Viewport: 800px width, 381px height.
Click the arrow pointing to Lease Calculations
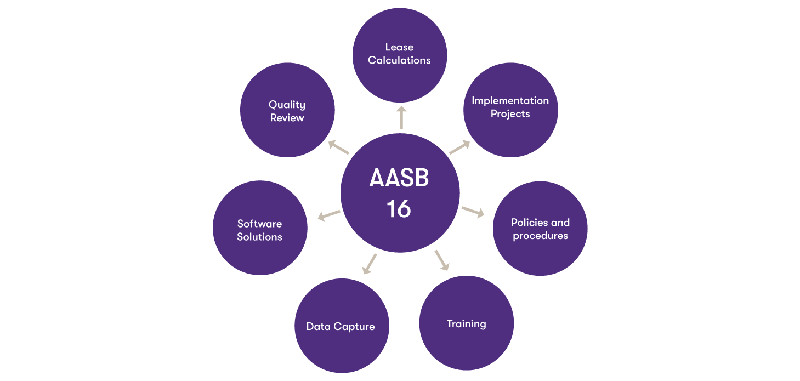[x=401, y=117]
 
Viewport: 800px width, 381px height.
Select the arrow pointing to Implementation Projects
[x=459, y=147]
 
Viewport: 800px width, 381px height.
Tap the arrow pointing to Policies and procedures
[x=473, y=212]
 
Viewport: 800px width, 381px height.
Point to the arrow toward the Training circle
[x=442, y=260]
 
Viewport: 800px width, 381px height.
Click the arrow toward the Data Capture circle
[x=369, y=264]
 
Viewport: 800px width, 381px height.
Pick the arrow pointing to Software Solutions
[x=329, y=215]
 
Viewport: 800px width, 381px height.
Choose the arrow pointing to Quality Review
[x=338, y=147]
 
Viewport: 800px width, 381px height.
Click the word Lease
[x=399, y=47]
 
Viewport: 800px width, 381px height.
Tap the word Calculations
[x=399, y=60]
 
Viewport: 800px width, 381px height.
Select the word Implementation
[x=510, y=101]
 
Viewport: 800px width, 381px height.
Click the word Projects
[x=510, y=114]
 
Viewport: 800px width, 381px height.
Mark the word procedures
[x=540, y=236]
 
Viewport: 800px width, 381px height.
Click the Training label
[x=467, y=324]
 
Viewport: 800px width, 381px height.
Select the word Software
[x=260, y=224]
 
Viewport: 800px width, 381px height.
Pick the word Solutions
[x=260, y=237]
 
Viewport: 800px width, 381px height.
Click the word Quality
[x=287, y=105]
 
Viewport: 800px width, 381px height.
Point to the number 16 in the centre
[x=399, y=209]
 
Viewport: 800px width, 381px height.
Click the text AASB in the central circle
[x=399, y=178]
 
